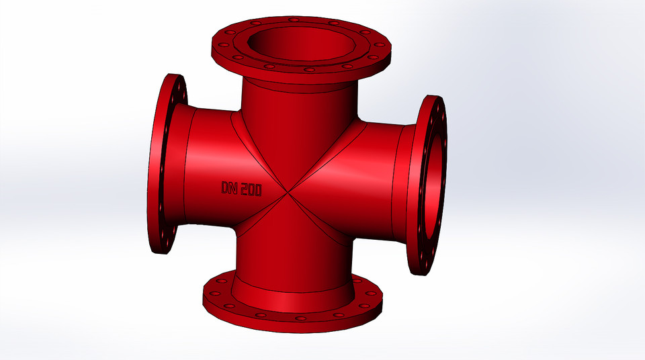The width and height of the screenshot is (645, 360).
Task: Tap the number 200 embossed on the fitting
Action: coord(251,189)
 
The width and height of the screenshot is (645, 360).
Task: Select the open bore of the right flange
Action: coord(434,182)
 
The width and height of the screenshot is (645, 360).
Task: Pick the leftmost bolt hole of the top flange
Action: coord(221,47)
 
